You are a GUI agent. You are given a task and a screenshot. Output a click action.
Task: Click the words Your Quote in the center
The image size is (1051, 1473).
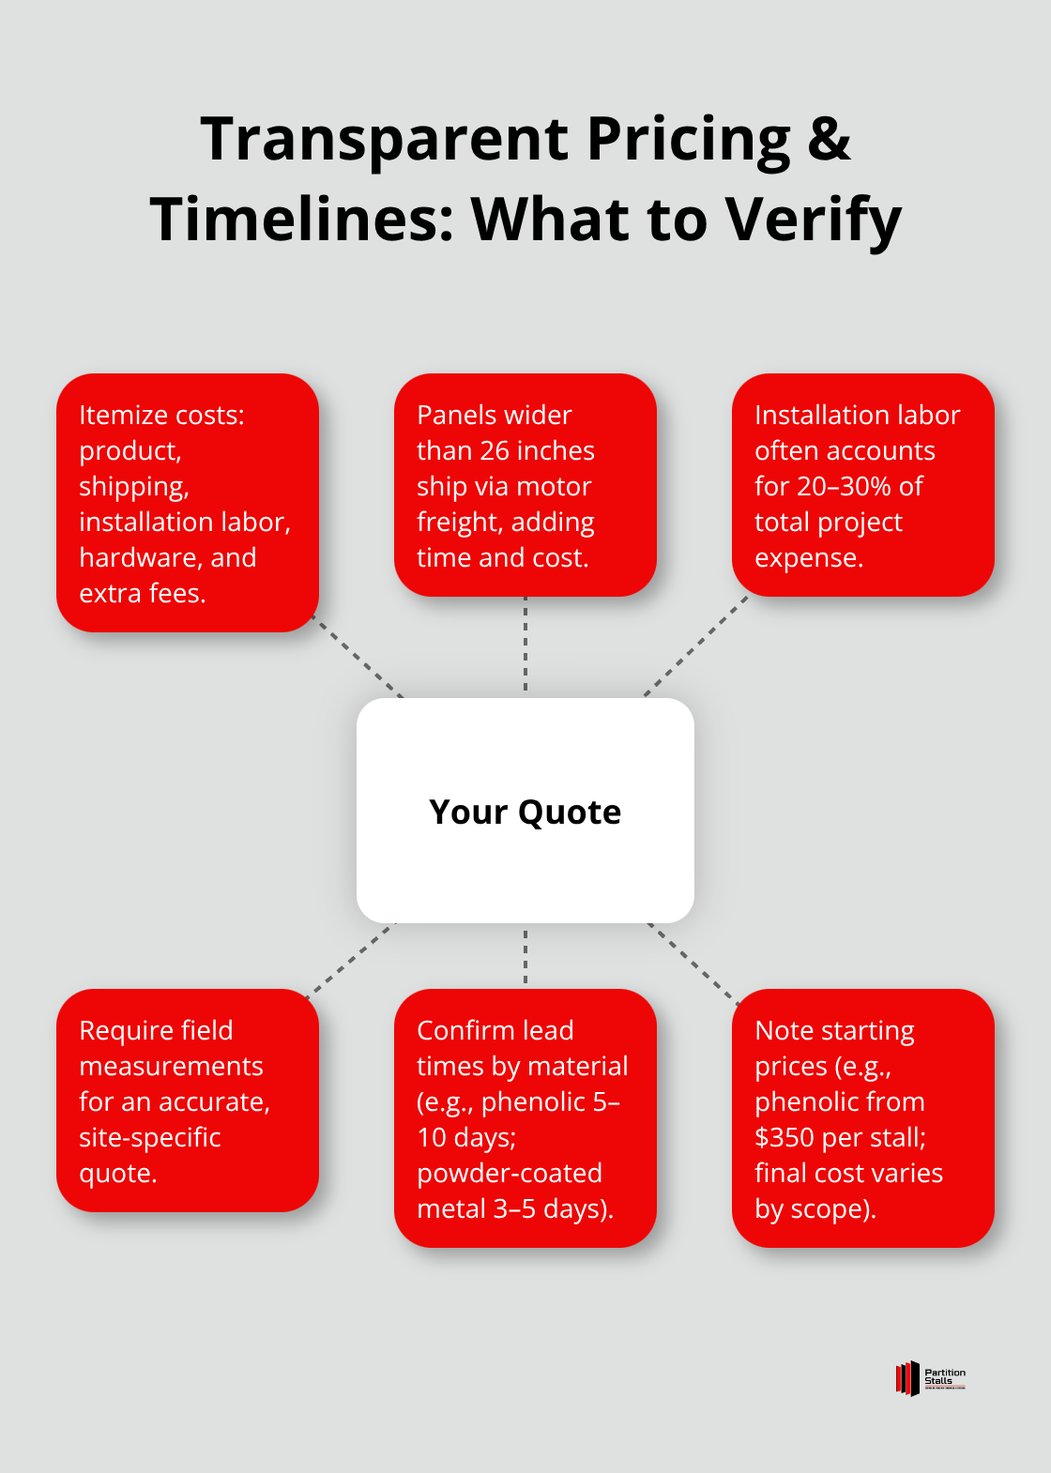(x=525, y=812)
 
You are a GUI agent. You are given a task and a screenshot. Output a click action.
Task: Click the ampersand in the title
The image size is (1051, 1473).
(x=829, y=139)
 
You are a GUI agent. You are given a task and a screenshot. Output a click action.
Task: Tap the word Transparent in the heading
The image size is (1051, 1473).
(x=384, y=139)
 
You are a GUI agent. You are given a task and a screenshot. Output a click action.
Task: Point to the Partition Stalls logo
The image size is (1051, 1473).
(x=930, y=1377)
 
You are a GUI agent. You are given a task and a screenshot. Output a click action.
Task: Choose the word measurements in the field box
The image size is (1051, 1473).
(x=171, y=1067)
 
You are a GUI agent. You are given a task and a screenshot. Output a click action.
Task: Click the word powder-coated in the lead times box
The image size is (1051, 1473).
(x=509, y=1174)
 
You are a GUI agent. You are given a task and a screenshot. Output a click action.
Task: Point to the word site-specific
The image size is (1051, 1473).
(x=149, y=1138)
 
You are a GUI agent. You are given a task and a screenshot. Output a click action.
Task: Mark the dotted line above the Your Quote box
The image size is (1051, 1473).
(x=525, y=647)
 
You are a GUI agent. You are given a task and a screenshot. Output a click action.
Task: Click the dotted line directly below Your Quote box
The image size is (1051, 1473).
(x=525, y=956)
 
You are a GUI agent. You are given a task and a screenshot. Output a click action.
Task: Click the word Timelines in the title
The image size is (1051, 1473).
(x=301, y=220)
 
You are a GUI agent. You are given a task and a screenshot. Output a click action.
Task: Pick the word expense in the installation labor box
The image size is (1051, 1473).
(x=808, y=558)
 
